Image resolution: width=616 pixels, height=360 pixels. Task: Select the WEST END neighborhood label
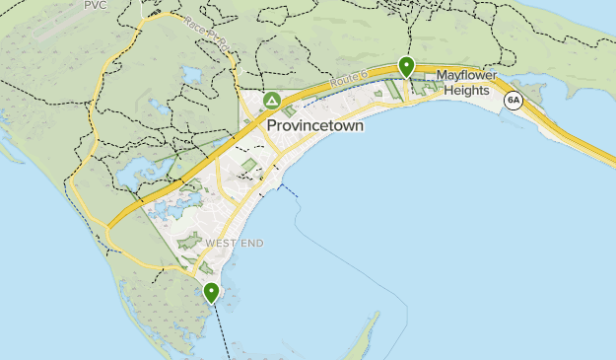(x=237, y=243)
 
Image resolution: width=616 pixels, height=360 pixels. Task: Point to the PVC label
(x=95, y=5)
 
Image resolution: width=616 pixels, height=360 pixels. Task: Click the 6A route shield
(x=513, y=100)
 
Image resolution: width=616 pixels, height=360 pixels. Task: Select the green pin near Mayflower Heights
(x=406, y=66)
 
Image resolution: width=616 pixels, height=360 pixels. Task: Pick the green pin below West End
(x=211, y=292)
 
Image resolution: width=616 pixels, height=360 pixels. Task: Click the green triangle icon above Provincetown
(x=272, y=101)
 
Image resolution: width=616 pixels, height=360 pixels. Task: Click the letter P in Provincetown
(x=273, y=127)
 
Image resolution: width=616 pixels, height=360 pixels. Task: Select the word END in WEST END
(x=253, y=243)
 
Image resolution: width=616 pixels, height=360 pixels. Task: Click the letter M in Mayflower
(x=442, y=75)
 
